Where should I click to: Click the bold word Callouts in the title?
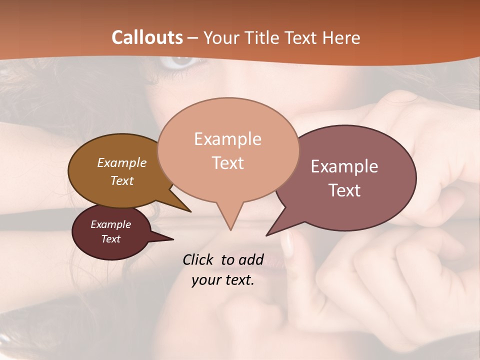pos(147,37)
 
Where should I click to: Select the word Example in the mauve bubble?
pos(344,166)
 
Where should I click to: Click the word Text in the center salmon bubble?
pos(228,163)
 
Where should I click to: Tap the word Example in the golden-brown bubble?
pos(122,162)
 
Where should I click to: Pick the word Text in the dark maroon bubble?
pos(111,239)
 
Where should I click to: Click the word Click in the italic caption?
pos(198,259)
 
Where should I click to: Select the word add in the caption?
pos(251,259)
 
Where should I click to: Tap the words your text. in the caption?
pos(223,280)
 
